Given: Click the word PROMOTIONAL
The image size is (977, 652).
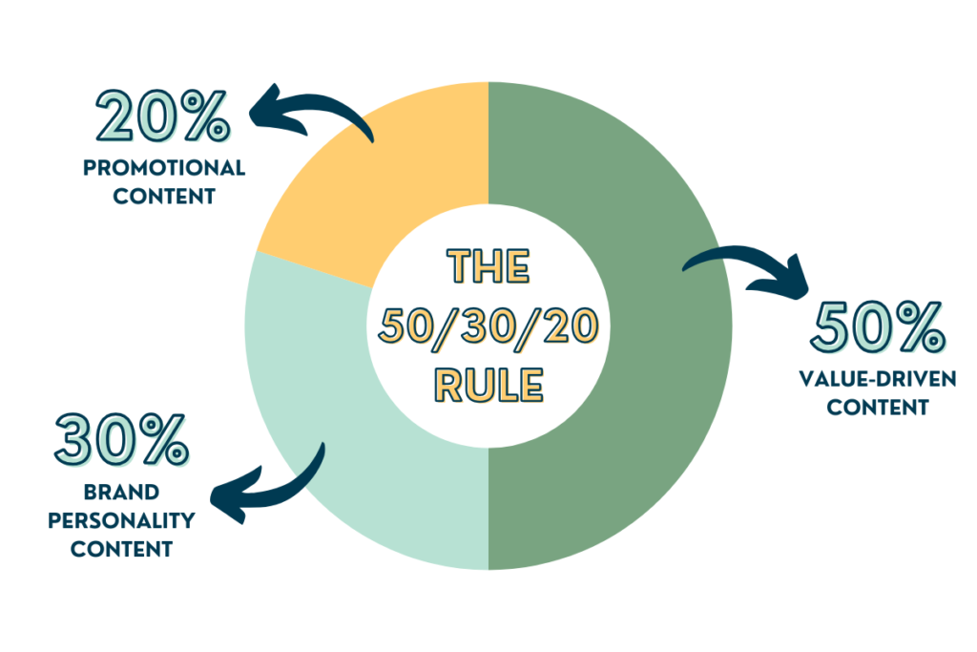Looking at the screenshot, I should coord(164,169).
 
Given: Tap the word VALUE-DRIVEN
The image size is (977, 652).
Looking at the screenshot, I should coord(878,380).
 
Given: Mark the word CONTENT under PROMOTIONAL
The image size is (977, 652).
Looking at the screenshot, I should coord(164,198).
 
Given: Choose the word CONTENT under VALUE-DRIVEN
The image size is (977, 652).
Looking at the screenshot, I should coord(878,408).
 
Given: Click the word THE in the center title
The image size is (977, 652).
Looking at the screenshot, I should coord(488,267).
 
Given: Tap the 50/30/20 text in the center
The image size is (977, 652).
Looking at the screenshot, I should coord(488,326).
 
